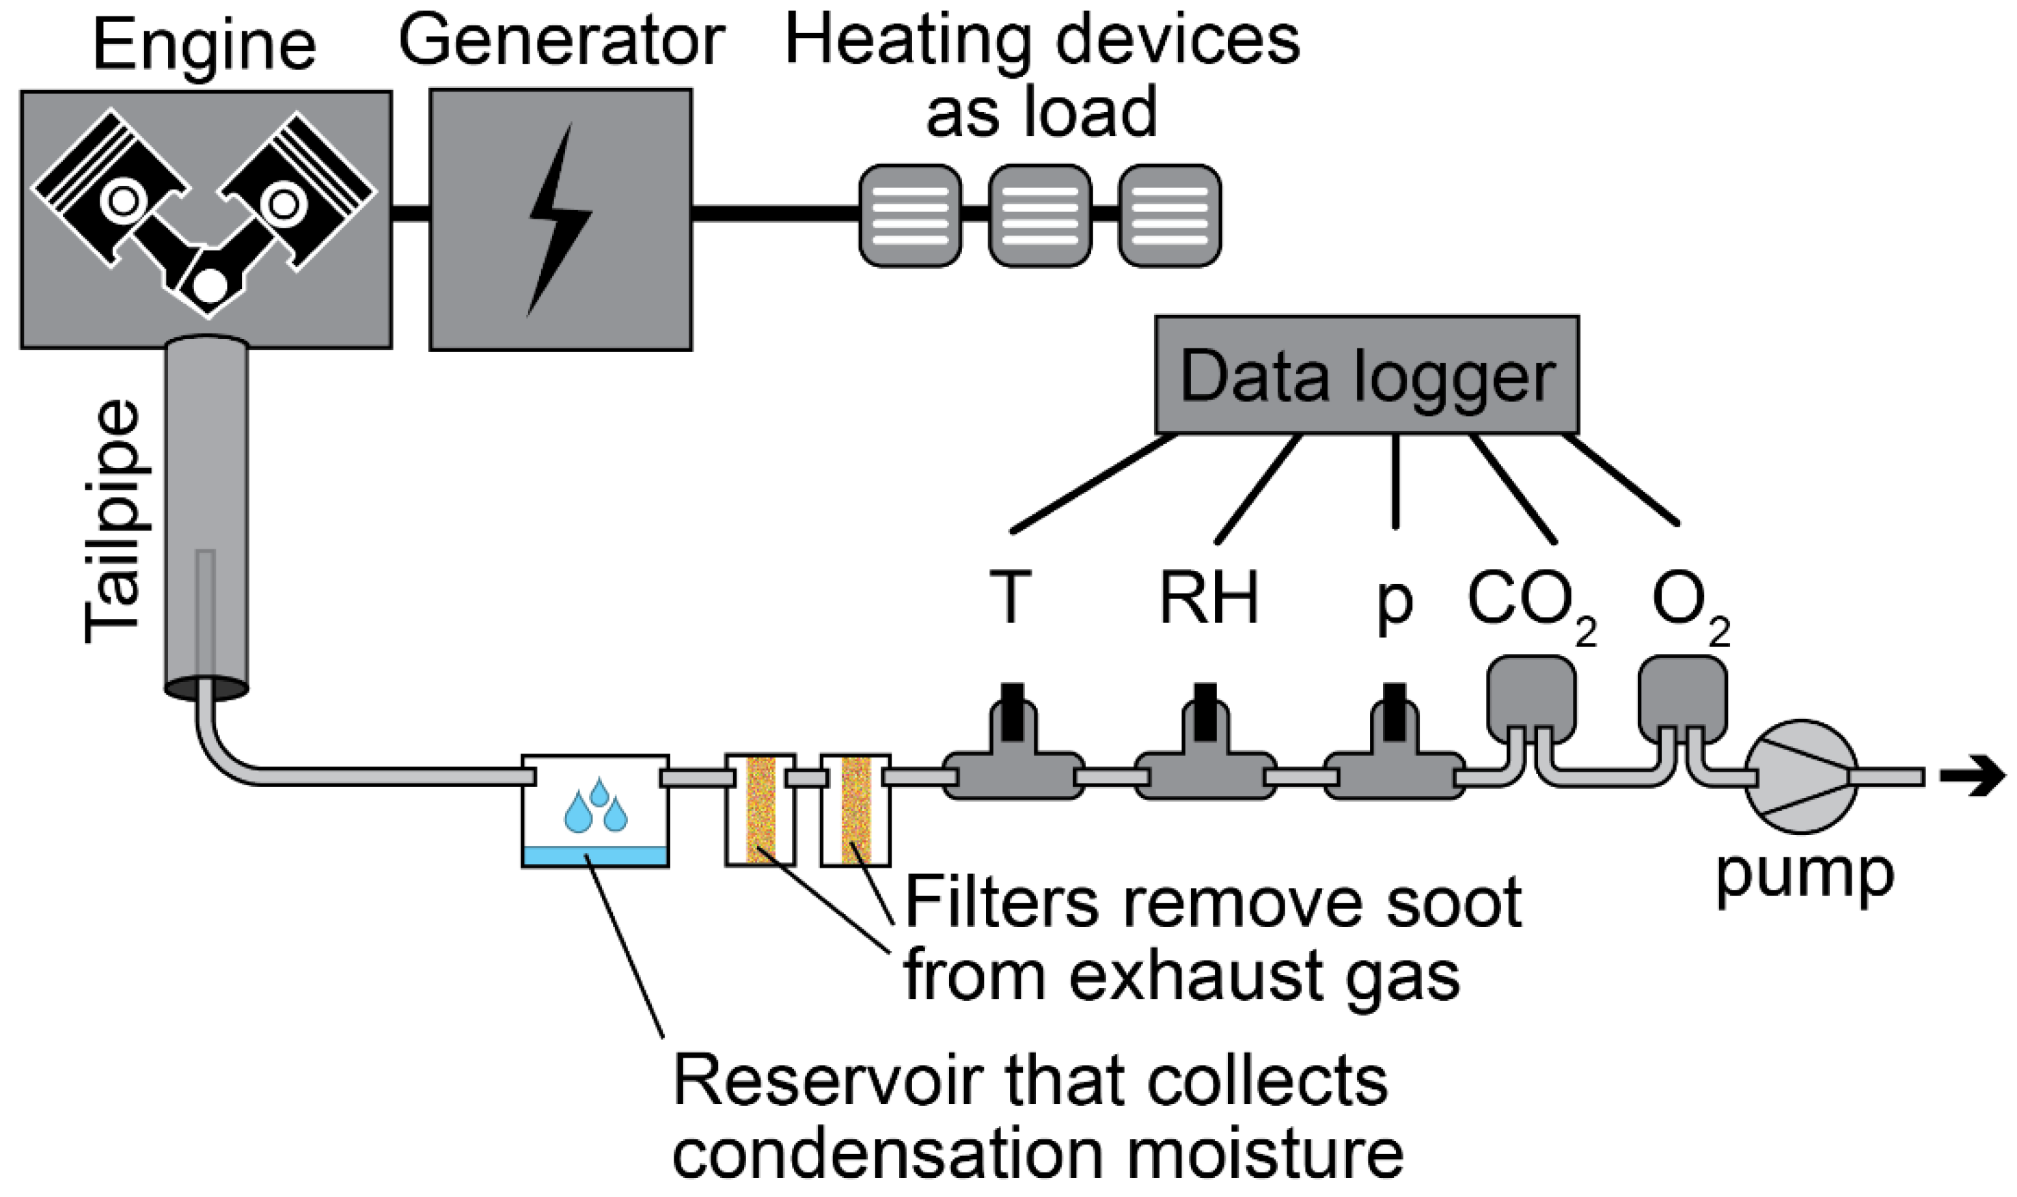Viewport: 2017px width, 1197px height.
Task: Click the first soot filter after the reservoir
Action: (760, 810)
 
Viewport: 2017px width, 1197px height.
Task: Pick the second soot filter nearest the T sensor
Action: (855, 810)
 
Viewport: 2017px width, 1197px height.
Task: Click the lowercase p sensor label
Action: (1394, 603)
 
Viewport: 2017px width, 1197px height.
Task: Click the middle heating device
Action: (1039, 215)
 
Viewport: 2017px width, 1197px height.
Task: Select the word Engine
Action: (204, 46)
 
